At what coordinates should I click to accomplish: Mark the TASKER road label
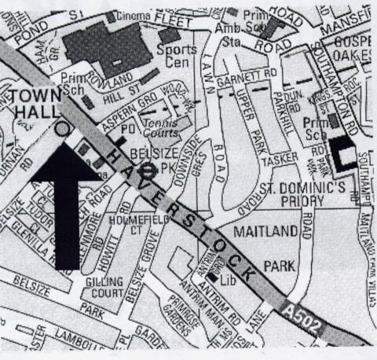[274, 159]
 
